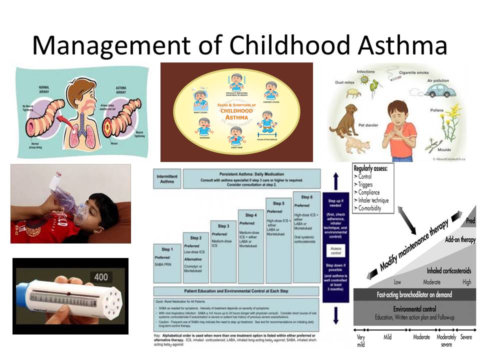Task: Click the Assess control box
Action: (x=336, y=250)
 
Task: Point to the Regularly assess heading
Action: (x=373, y=168)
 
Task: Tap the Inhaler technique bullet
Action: (x=373, y=200)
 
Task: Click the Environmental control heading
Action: (x=414, y=308)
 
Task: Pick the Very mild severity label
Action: (x=360, y=339)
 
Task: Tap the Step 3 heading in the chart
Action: (x=224, y=225)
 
